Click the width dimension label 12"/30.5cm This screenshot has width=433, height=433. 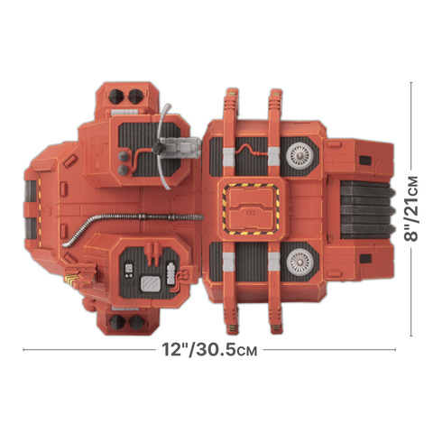click(209, 349)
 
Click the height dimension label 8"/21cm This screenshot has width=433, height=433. click(410, 208)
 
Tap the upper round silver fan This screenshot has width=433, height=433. click(299, 155)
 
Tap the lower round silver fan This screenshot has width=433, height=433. click(299, 262)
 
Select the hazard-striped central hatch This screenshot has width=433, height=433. click(251, 209)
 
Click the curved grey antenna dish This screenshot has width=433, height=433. click(162, 146)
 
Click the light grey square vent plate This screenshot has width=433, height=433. click(151, 284)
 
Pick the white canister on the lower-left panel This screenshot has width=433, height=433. click(170, 273)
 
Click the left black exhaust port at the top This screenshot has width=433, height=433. click(115, 97)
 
